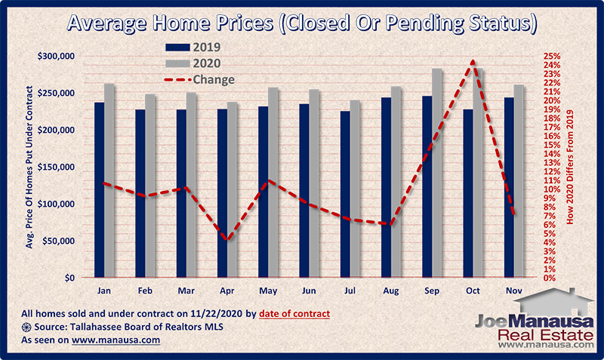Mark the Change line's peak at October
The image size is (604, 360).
pyautogui.click(x=473, y=62)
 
